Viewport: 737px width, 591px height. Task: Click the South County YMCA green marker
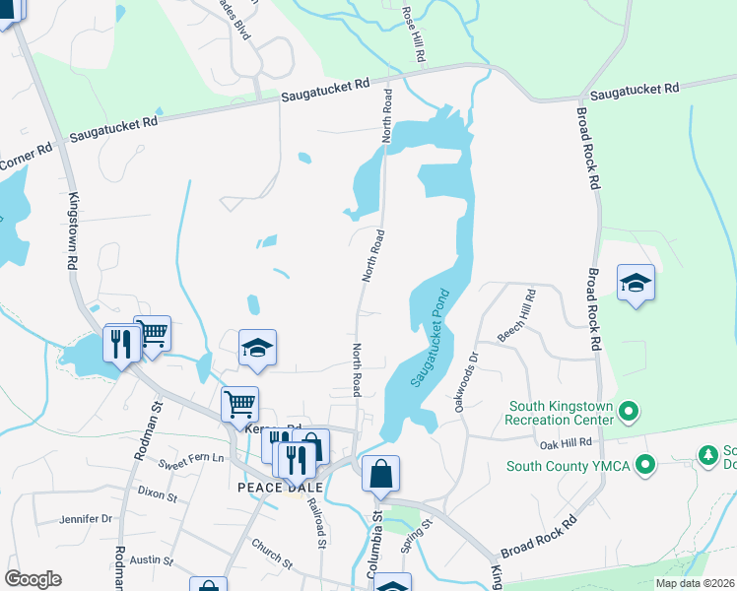pos(645,463)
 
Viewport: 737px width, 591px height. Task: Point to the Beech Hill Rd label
pos(516,316)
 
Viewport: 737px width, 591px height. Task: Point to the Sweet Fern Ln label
pos(191,459)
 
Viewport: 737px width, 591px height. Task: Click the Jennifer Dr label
pos(87,518)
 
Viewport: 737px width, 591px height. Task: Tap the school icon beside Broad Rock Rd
pos(636,283)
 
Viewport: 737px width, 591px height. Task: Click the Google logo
pos(33,579)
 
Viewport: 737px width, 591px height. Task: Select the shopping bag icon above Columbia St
pos(380,473)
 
